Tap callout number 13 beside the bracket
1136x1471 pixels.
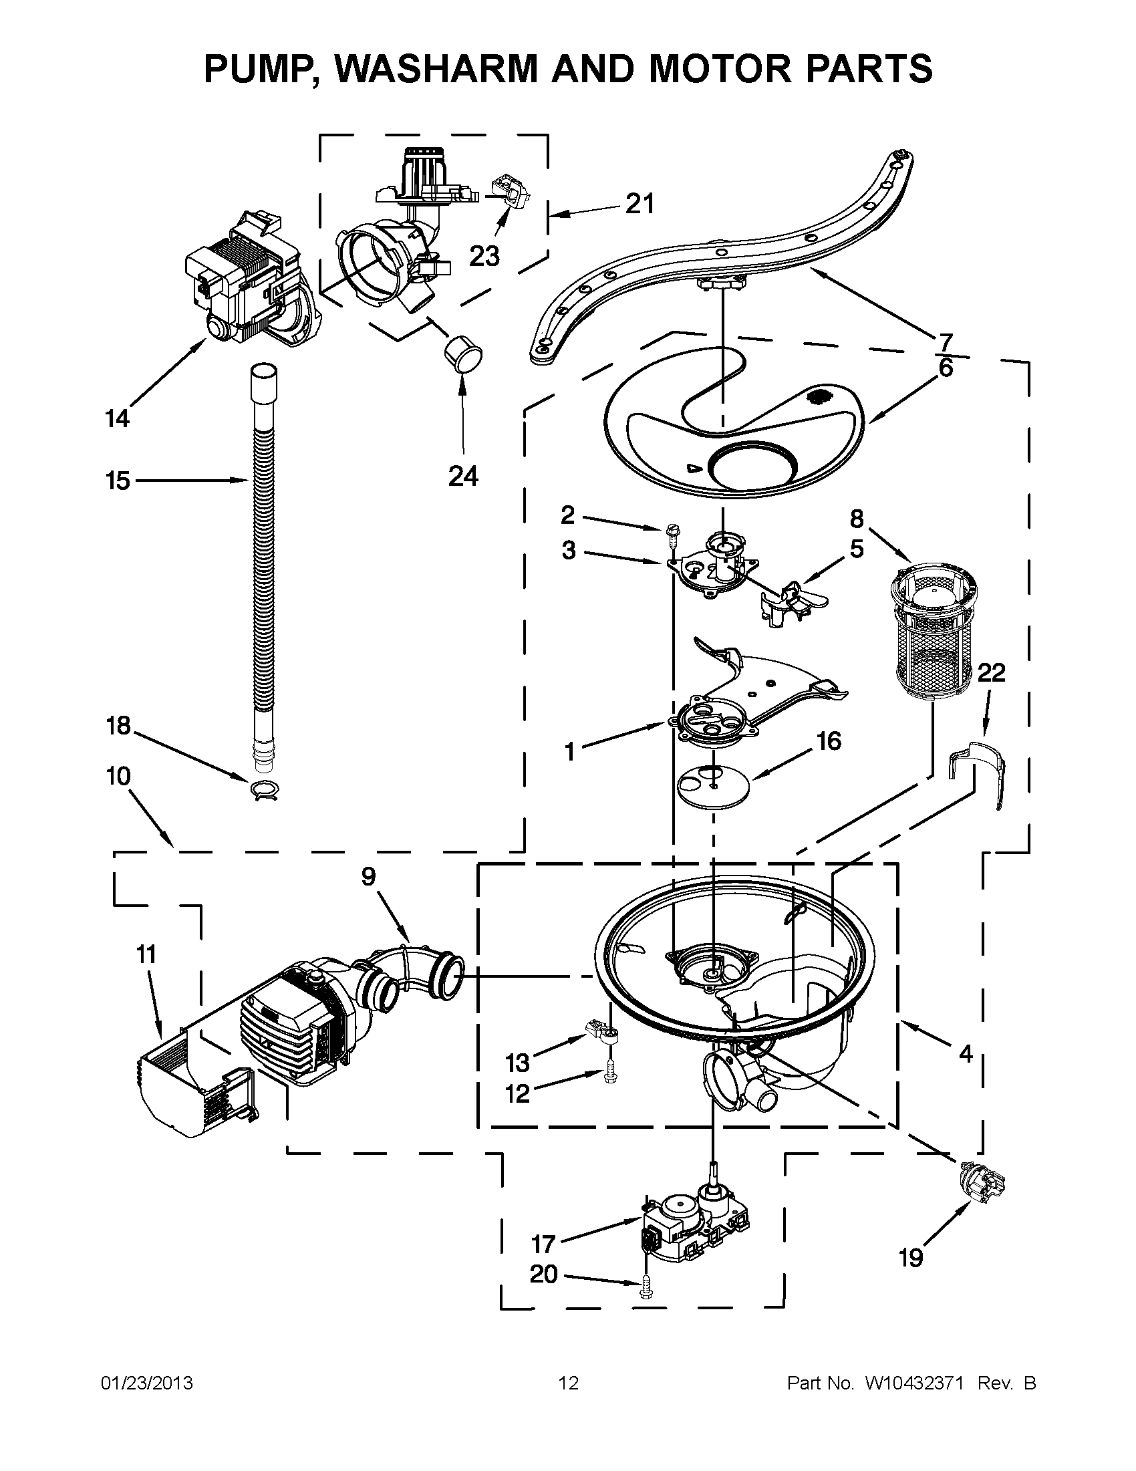click(518, 1063)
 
